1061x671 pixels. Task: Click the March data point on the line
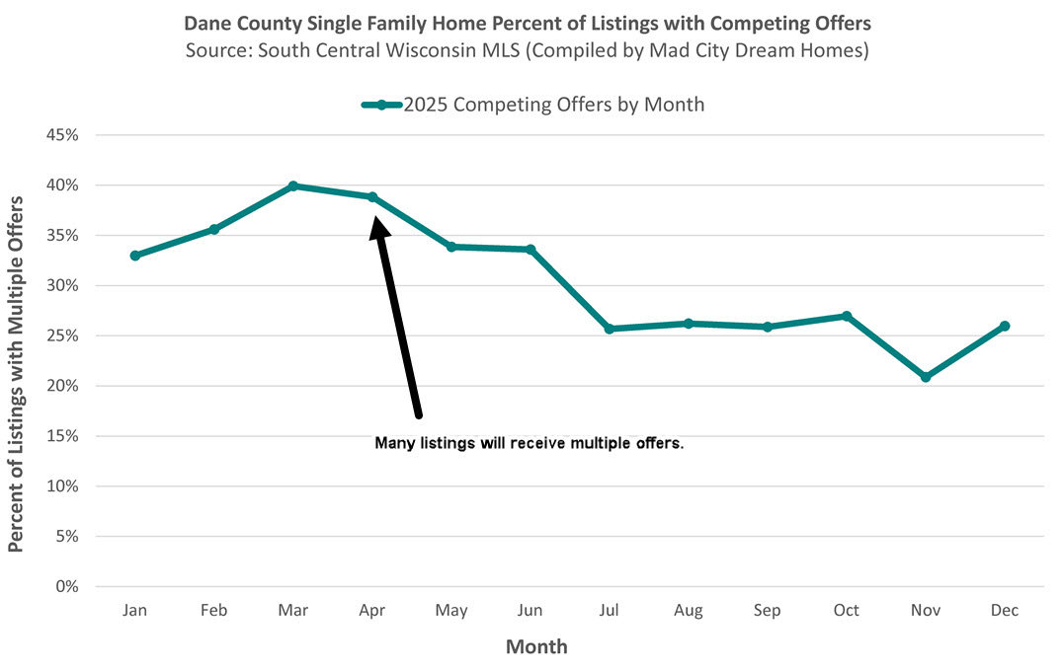pyautogui.click(x=293, y=186)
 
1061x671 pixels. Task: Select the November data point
pyautogui.click(x=926, y=377)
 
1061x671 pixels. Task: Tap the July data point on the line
pyautogui.click(x=610, y=329)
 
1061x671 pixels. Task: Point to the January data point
pyautogui.click(x=135, y=256)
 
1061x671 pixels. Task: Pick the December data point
pyautogui.click(x=1005, y=326)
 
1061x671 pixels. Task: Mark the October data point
pyautogui.click(x=847, y=316)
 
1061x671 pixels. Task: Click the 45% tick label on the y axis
pyautogui.click(x=62, y=135)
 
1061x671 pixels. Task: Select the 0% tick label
pyautogui.click(x=67, y=587)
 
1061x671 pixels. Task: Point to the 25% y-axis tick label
pyautogui.click(x=62, y=335)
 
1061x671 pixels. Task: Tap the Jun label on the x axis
pyautogui.click(x=530, y=611)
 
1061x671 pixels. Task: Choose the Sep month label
pyautogui.click(x=768, y=611)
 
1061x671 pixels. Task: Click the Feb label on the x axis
pyautogui.click(x=214, y=611)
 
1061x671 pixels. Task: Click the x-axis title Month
pyautogui.click(x=536, y=647)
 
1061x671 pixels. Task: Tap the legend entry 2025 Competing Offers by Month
pyautogui.click(x=553, y=105)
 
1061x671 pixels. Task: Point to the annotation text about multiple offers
pyautogui.click(x=530, y=444)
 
